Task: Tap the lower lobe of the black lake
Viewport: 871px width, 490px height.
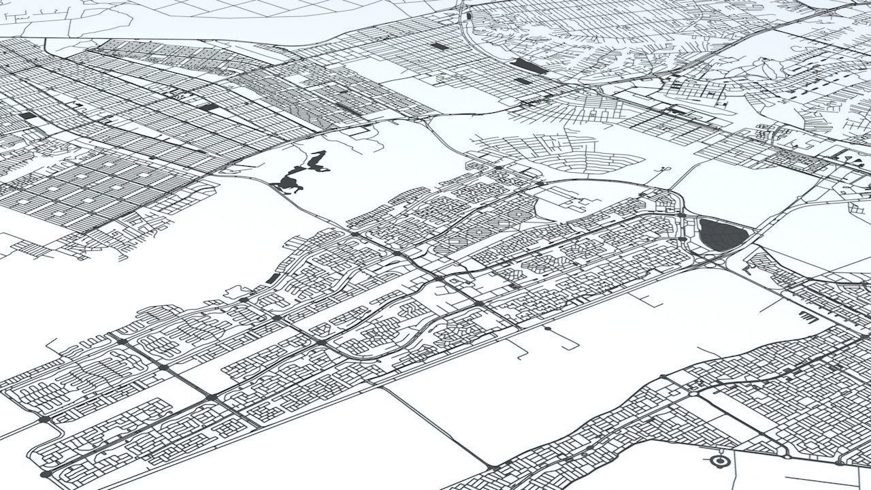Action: click(x=289, y=182)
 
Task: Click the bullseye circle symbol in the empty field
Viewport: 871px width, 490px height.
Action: click(x=719, y=461)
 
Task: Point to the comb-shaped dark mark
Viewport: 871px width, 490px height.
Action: click(x=806, y=316)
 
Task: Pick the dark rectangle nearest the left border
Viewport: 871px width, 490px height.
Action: click(x=27, y=116)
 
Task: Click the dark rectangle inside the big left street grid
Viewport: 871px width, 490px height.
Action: click(x=211, y=107)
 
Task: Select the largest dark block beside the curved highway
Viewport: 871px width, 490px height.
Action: click(x=529, y=66)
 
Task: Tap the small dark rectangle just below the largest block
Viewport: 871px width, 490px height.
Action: click(x=522, y=81)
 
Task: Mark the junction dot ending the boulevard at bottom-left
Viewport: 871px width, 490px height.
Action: click(x=46, y=474)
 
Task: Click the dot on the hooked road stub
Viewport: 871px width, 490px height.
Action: click(x=547, y=329)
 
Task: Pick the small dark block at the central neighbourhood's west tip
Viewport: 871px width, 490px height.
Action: click(x=272, y=279)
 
